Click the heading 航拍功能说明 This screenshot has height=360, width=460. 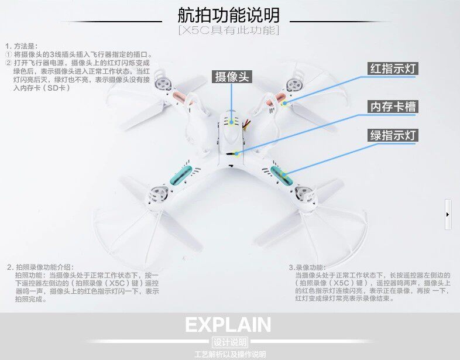point(229,15)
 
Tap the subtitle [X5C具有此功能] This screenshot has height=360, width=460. point(229,30)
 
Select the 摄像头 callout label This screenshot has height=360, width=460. point(232,77)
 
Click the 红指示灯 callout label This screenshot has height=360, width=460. point(393,68)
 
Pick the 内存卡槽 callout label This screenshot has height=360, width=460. point(393,107)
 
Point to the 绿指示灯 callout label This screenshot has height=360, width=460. point(393,136)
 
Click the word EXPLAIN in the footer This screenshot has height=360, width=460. point(228,325)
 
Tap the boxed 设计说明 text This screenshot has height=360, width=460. point(228,342)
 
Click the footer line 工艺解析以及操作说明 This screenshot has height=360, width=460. point(229,354)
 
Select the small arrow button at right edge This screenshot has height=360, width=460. point(448,214)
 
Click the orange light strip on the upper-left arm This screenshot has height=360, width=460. point(181,96)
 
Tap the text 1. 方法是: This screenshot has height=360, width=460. point(21,46)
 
